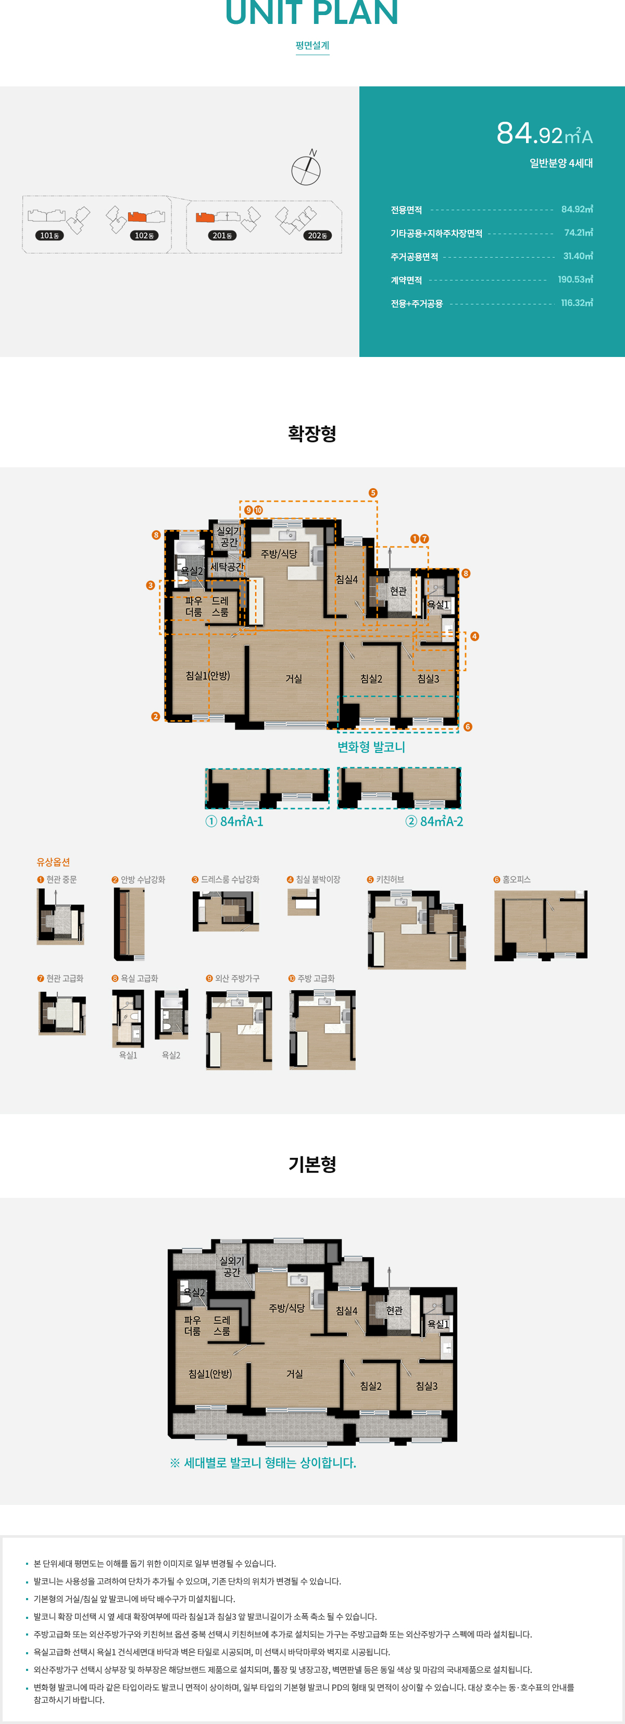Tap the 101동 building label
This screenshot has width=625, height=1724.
(49, 236)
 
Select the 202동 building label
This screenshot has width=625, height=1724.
(318, 236)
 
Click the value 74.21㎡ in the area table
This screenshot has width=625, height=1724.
(578, 233)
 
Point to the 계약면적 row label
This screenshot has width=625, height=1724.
(407, 280)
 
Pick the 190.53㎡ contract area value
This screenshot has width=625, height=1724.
(576, 280)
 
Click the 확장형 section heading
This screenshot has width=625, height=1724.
(312, 433)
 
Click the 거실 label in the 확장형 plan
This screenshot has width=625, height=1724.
(294, 679)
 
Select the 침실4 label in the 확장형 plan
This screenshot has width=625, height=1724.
(347, 580)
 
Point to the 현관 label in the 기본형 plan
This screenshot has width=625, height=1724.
(395, 1310)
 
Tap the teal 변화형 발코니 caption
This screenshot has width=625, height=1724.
(371, 747)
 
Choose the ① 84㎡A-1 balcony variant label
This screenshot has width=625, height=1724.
(234, 821)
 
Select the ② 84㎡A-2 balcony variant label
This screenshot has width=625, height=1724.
(434, 821)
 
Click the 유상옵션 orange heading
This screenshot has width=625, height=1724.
(54, 862)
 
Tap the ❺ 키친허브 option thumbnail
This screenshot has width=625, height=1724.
(417, 929)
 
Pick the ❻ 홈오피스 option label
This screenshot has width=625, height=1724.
(512, 879)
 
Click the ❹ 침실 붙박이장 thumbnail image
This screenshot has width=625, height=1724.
(304, 902)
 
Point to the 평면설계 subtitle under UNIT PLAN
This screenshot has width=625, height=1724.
(312, 45)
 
